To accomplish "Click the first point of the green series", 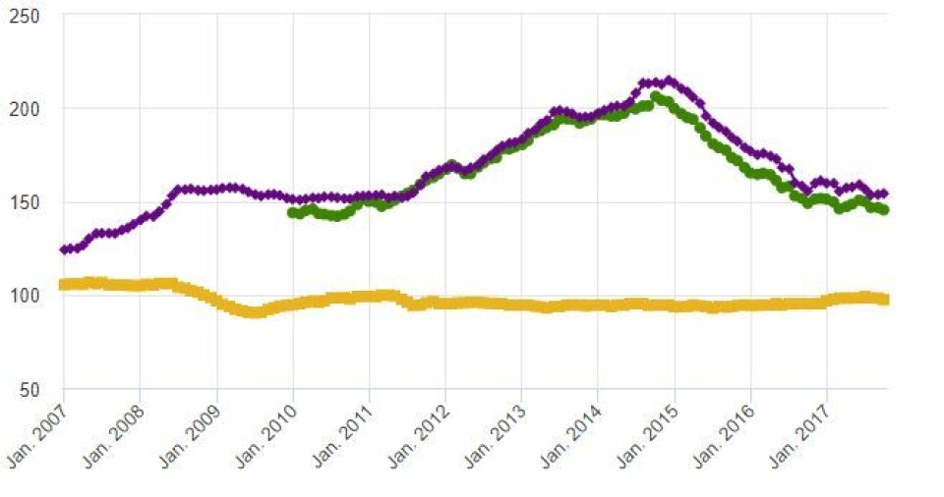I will click(x=292, y=212).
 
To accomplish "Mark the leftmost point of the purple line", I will click(x=64, y=249).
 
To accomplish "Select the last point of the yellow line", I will click(x=884, y=300).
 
